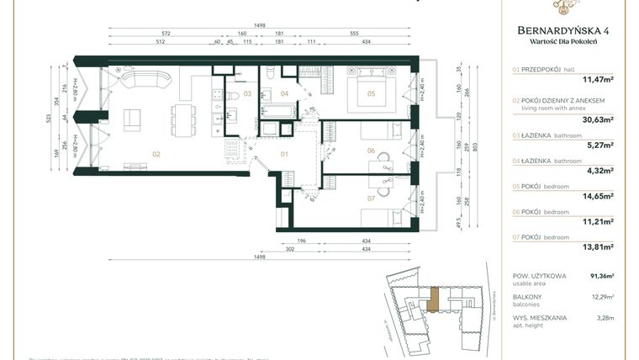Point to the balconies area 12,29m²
602,297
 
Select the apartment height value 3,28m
605,318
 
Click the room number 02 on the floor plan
156,154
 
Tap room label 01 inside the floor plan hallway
284,154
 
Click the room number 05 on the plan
371,94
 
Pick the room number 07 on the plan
371,199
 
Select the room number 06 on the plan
371,151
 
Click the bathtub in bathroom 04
277,111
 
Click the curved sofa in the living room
148,81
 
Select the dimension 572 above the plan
166,34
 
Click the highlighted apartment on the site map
434,299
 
